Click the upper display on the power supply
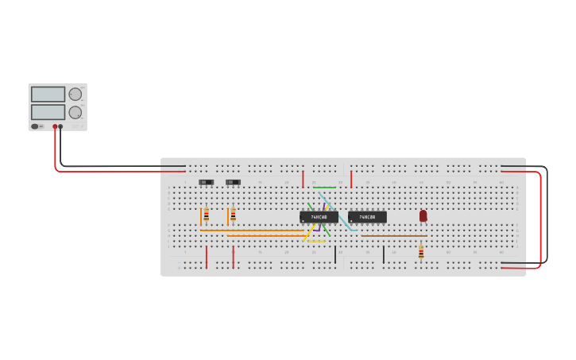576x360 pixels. click(48, 94)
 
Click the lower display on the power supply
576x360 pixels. click(48, 112)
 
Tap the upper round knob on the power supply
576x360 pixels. click(75, 94)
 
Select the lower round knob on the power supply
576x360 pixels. click(75, 112)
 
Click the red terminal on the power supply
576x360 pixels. click(56, 126)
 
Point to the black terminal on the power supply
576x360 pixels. click(61, 126)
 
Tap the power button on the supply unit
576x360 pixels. click(35, 126)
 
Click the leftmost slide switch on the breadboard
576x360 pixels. click(206, 182)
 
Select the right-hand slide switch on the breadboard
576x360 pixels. click(233, 182)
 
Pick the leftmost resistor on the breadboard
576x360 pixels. click(206, 215)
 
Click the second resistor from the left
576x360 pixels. click(233, 215)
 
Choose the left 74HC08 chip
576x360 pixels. click(319, 217)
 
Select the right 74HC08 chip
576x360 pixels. click(367, 217)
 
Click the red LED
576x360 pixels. click(423, 215)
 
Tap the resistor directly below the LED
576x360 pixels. click(421, 253)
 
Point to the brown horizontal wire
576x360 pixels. click(394, 236)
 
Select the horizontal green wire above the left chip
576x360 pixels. click(324, 188)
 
